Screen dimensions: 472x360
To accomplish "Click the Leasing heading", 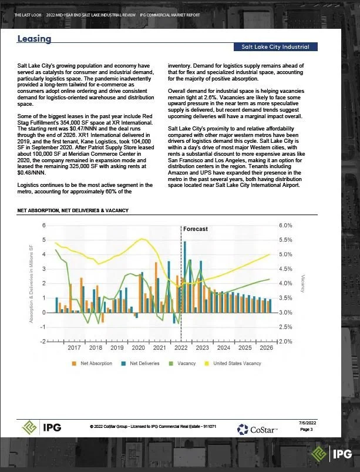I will (x=35, y=39).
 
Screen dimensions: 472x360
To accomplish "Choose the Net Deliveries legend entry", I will (x=140, y=363).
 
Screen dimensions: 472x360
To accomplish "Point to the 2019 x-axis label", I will (x=117, y=348).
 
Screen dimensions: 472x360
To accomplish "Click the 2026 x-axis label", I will (x=265, y=348).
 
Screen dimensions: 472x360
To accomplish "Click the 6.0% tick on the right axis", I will (x=285, y=226).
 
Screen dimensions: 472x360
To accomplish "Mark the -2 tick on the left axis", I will (x=43, y=342).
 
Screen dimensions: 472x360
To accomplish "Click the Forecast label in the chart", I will (x=195, y=229).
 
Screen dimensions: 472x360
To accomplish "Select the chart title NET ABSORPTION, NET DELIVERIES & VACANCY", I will (x=73, y=210).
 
